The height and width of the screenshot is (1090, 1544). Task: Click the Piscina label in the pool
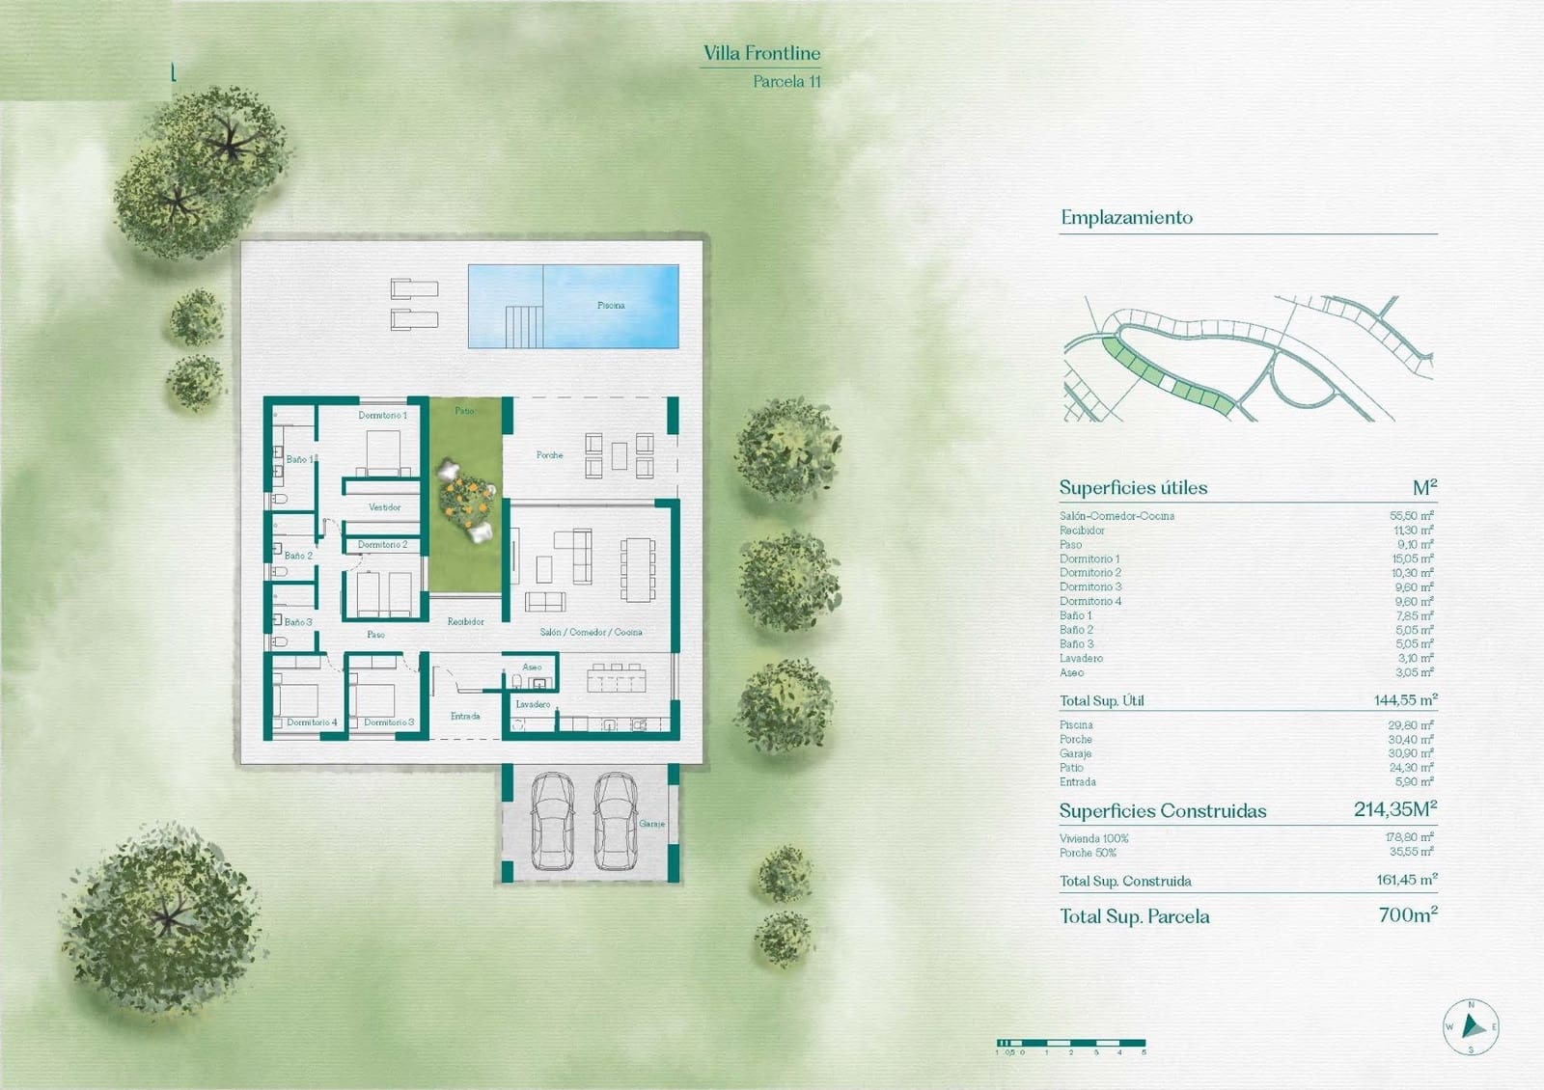pyautogui.click(x=611, y=306)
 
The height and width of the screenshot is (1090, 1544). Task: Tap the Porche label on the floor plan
pyautogui.click(x=549, y=455)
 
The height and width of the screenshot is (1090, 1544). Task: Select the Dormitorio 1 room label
pyautogui.click(x=382, y=416)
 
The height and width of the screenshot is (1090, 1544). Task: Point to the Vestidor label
pyautogui.click(x=384, y=507)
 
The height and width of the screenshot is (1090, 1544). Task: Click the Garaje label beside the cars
pyautogui.click(x=652, y=824)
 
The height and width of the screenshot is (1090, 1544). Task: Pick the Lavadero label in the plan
pyautogui.click(x=533, y=704)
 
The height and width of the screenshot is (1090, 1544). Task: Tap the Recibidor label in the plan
pyautogui.click(x=465, y=622)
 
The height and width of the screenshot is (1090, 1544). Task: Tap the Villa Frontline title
pyautogui.click(x=761, y=54)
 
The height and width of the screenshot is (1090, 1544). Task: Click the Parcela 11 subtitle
pyautogui.click(x=786, y=82)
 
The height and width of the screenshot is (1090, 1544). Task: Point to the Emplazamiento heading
pyautogui.click(x=1126, y=218)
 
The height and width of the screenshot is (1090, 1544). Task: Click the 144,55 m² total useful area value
pyautogui.click(x=1405, y=700)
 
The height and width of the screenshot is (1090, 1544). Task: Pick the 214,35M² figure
pyautogui.click(x=1394, y=809)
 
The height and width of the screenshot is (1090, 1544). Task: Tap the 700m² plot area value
pyautogui.click(x=1408, y=914)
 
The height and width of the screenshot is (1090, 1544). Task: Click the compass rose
pyautogui.click(x=1471, y=1026)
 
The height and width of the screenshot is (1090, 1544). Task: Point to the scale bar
pyautogui.click(x=1071, y=1043)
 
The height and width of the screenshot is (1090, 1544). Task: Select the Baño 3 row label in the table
pyautogui.click(x=1077, y=644)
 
